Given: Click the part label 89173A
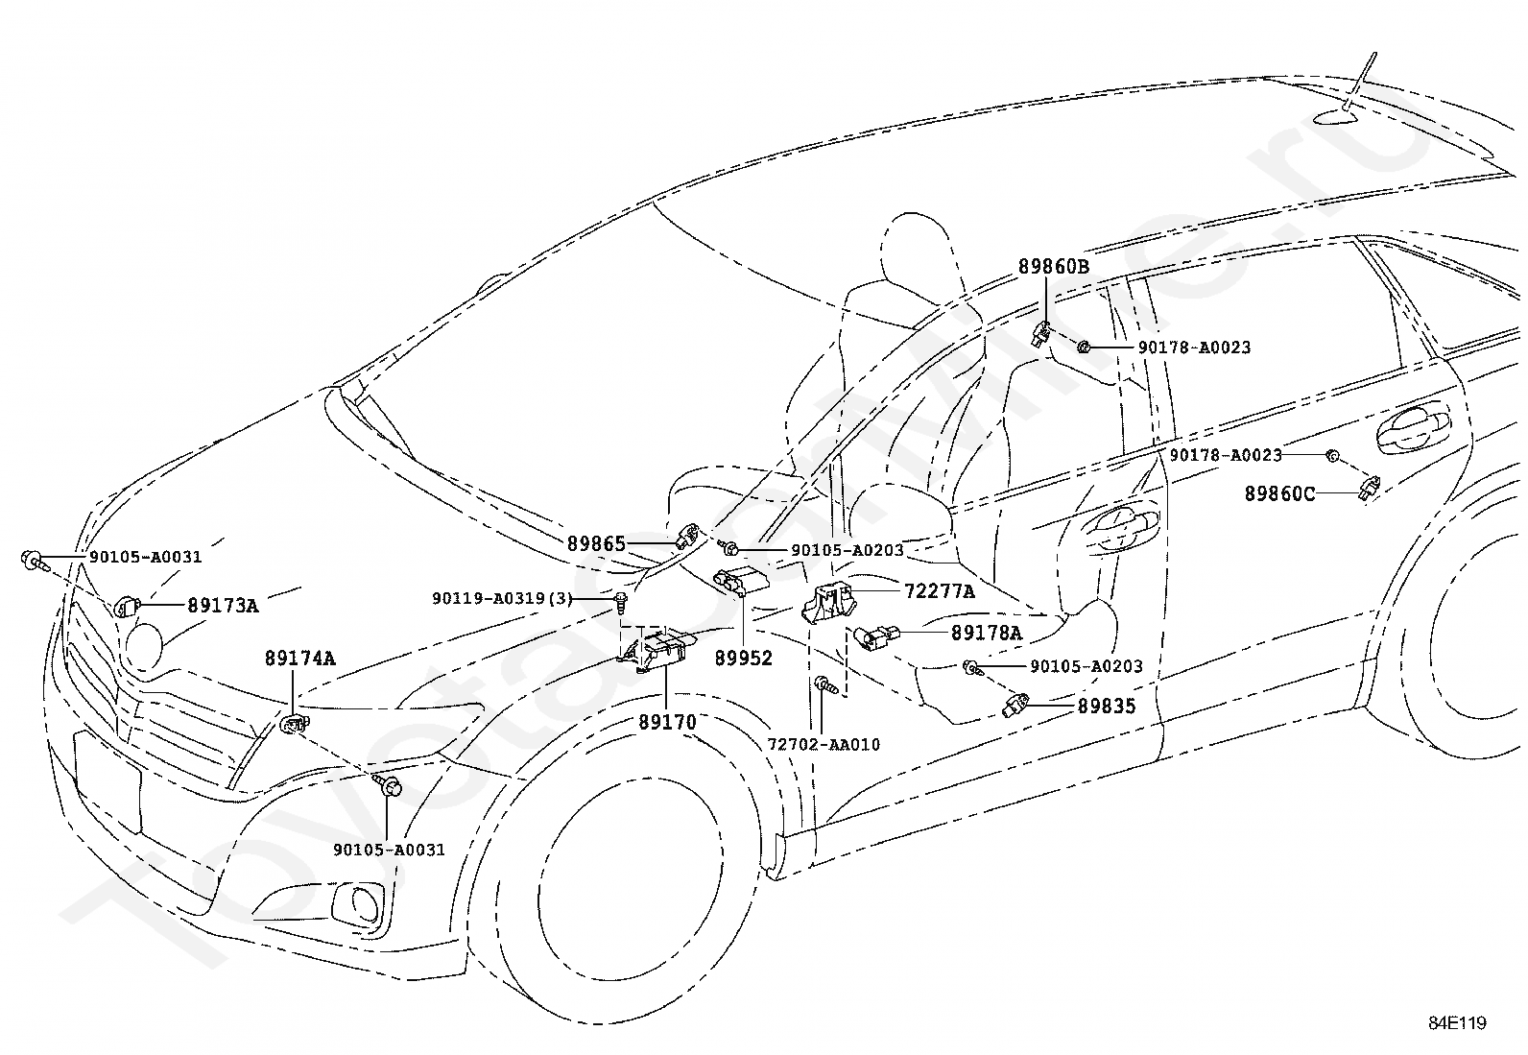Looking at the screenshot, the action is coord(223,606).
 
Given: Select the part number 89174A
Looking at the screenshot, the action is coord(300,659).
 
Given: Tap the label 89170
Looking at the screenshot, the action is coord(667,722).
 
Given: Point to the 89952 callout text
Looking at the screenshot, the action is coord(744,659).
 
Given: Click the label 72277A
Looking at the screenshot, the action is coord(940,591).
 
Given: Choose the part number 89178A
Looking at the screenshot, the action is coord(987,634).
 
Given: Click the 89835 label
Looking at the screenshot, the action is coord(1107,707).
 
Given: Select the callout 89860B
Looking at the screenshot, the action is coord(1054,266).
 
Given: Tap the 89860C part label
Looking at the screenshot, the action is coord(1279,493).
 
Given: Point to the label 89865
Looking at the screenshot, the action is coord(596,544).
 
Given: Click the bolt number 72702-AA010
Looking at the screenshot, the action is coord(824,745).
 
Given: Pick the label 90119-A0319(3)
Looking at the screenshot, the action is coord(502,598).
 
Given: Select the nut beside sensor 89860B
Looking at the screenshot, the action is coord(1084,348).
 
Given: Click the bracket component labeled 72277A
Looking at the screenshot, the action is coord(828,602).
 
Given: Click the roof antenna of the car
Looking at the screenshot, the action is coord(1341,96).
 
